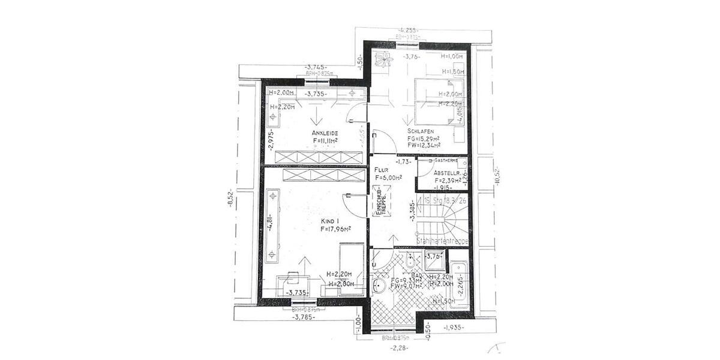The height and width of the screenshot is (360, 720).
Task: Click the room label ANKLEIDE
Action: click(x=323, y=133)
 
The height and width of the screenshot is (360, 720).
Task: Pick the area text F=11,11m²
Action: click(x=325, y=141)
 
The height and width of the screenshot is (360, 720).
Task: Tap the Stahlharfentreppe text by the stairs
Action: click(x=442, y=241)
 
